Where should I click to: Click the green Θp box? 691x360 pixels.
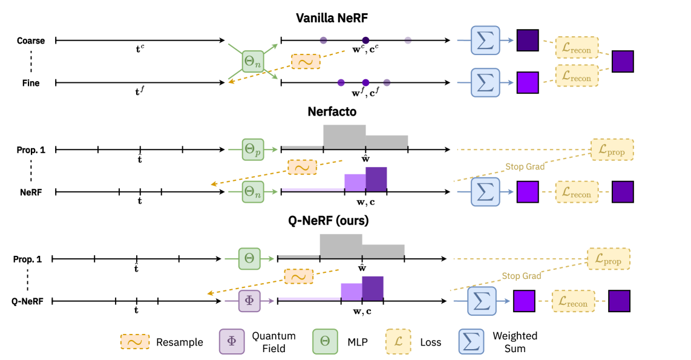pyautogui.click(x=253, y=149)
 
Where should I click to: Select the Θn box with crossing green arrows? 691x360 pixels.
pyautogui.click(x=253, y=62)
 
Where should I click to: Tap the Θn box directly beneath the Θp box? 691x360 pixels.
pyautogui.click(x=253, y=192)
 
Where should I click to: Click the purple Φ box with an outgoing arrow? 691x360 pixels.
pyautogui.click(x=249, y=301)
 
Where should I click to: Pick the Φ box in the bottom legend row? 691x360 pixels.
pyautogui.click(x=232, y=341)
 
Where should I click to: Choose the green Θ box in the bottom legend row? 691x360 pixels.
pyautogui.click(x=325, y=341)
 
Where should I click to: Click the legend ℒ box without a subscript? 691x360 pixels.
pyautogui.click(x=398, y=341)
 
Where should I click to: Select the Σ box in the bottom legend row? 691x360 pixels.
pyautogui.click(x=471, y=341)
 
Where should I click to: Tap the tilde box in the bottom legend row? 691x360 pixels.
pyautogui.click(x=135, y=342)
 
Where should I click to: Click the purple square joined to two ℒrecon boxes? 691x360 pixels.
pyautogui.click(x=623, y=62)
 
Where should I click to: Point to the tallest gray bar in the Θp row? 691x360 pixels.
pyautogui.click(x=344, y=136)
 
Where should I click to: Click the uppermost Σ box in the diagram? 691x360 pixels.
pyautogui.click(x=485, y=41)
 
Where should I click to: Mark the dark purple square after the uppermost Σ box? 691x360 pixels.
pyautogui.click(x=528, y=41)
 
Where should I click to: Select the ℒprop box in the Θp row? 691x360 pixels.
pyautogui.click(x=612, y=149)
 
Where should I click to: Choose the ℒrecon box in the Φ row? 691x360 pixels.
pyautogui.click(x=573, y=301)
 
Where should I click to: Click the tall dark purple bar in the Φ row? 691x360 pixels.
pyautogui.click(x=373, y=288)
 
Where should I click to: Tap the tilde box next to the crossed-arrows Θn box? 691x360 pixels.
pyautogui.click(x=306, y=62)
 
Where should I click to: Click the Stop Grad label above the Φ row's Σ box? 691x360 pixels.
pyautogui.click(x=522, y=276)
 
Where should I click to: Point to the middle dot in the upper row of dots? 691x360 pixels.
pyautogui.click(x=365, y=41)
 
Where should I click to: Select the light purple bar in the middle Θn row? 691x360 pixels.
pyautogui.click(x=355, y=182)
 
